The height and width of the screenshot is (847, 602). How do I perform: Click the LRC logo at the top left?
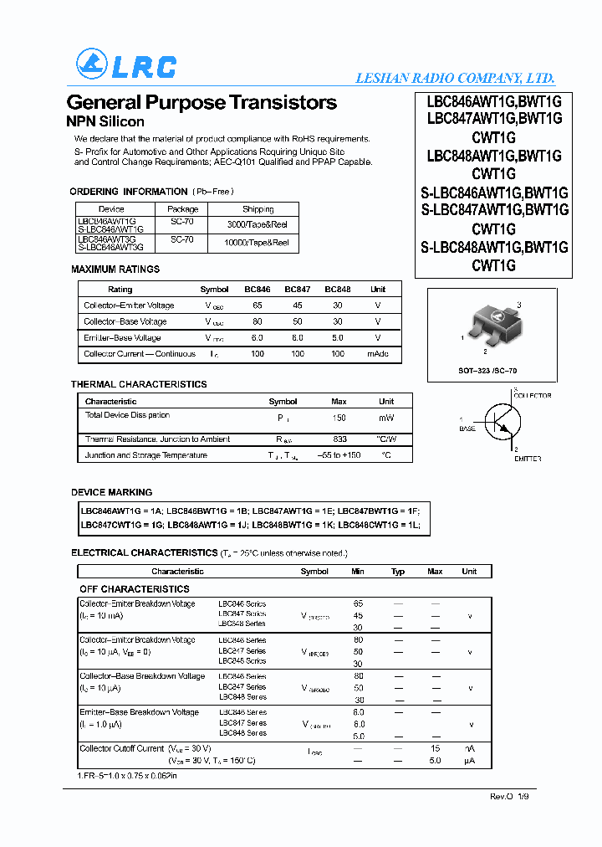pyautogui.click(x=125, y=65)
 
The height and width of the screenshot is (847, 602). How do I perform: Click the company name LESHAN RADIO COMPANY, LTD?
pyautogui.click(x=455, y=78)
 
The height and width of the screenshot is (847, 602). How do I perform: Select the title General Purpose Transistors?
pyautogui.click(x=202, y=102)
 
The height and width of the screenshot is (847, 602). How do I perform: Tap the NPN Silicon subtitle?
pyautogui.click(x=105, y=121)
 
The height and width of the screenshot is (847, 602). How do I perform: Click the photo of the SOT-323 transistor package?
pyautogui.click(x=493, y=323)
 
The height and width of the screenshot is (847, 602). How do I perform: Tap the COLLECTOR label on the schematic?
pyautogui.click(x=533, y=394)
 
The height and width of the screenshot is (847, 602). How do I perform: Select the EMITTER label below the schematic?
pyautogui.click(x=527, y=459)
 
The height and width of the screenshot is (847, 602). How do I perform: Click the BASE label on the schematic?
pyautogui.click(x=467, y=429)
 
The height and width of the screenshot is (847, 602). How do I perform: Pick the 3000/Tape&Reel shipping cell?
pyautogui.click(x=258, y=224)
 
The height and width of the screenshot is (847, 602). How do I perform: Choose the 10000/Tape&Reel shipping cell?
pyautogui.click(x=258, y=243)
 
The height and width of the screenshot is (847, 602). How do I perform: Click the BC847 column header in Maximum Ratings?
pyautogui.click(x=298, y=290)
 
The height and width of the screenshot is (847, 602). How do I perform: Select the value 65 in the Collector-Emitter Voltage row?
pyautogui.click(x=258, y=305)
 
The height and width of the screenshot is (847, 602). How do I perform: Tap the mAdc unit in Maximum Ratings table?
pyautogui.click(x=378, y=353)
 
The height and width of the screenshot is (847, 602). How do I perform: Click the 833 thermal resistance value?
pyautogui.click(x=339, y=439)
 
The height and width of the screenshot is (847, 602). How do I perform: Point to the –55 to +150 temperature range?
pyautogui.click(x=339, y=455)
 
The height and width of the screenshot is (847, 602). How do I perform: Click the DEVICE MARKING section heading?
pyautogui.click(x=112, y=492)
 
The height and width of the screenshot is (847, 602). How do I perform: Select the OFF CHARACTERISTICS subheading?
pyautogui.click(x=135, y=589)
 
